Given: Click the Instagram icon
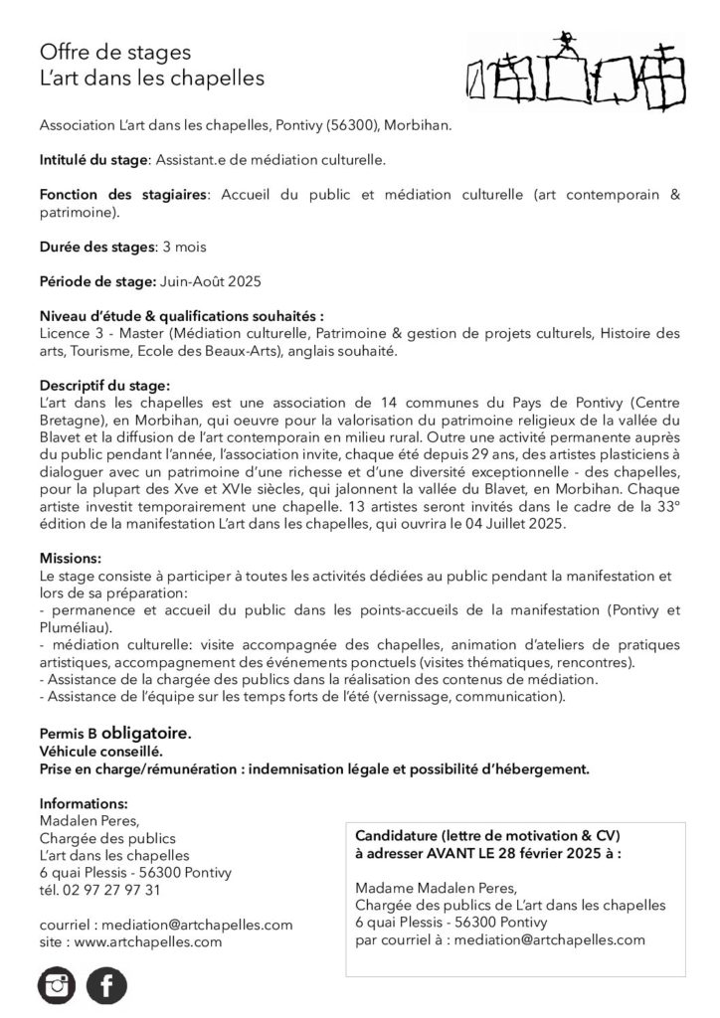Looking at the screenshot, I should (57, 985).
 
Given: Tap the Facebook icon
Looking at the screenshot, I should (106, 985).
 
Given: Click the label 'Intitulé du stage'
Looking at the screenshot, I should (92, 158).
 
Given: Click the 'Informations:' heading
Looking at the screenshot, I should (84, 803).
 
